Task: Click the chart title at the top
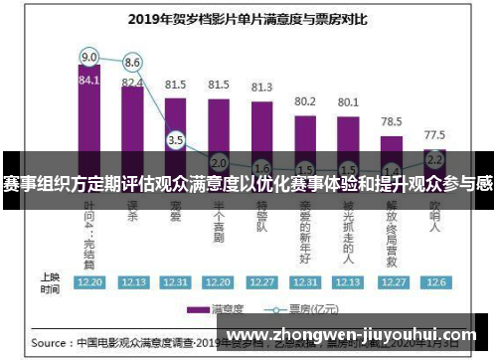(x=248, y=17)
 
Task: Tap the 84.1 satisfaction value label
(x=89, y=81)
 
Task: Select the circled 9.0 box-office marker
(x=89, y=56)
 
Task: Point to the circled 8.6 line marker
(x=132, y=62)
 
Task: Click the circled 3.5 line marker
(x=176, y=140)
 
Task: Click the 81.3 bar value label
(x=261, y=88)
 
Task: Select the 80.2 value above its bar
(x=305, y=101)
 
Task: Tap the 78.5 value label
(x=392, y=121)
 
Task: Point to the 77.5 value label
(x=434, y=134)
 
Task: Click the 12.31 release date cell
(x=305, y=281)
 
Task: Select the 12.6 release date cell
(x=434, y=281)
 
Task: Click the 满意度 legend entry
(x=221, y=308)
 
